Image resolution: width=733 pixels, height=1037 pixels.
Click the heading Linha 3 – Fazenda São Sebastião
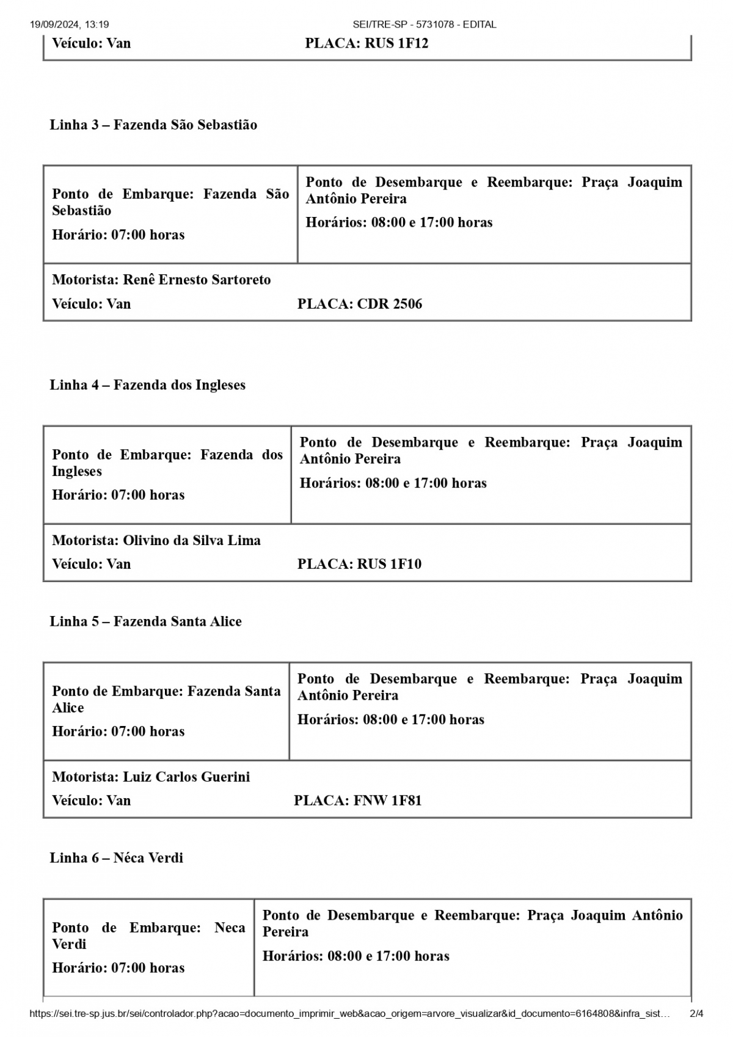pyautogui.click(x=153, y=125)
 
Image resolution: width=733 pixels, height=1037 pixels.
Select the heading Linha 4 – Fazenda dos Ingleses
pyautogui.click(x=148, y=385)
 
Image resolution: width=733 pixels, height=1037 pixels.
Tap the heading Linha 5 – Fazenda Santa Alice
pyautogui.click(x=145, y=621)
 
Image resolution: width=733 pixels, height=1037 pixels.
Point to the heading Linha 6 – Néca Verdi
pyautogui.click(x=116, y=858)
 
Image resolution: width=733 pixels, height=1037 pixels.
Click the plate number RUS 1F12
pyautogui.click(x=396, y=43)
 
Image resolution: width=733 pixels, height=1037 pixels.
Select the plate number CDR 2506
pyautogui.click(x=389, y=304)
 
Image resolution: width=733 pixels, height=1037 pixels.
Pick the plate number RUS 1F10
pyautogui.click(x=389, y=564)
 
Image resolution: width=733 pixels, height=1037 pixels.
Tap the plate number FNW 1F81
pyautogui.click(x=387, y=801)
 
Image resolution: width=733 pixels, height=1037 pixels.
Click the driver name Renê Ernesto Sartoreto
pyautogui.click(x=197, y=280)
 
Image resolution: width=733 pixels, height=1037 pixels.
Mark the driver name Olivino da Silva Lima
pyautogui.click(x=192, y=541)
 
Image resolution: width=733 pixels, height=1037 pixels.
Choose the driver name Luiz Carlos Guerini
pyautogui.click(x=186, y=777)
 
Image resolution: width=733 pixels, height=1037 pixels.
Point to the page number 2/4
pyautogui.click(x=696, y=1014)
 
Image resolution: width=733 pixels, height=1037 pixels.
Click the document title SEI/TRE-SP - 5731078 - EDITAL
pyautogui.click(x=425, y=24)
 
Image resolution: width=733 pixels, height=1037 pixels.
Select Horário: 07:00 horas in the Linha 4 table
pyautogui.click(x=118, y=495)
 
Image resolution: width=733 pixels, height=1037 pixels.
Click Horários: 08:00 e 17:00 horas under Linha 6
pyautogui.click(x=356, y=956)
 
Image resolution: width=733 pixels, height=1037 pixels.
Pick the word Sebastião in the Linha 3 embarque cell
pyautogui.click(x=82, y=211)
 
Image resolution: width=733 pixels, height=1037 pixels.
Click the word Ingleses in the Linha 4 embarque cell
pyautogui.click(x=77, y=472)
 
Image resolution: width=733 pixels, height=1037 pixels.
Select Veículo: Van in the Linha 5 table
pyautogui.click(x=91, y=801)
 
